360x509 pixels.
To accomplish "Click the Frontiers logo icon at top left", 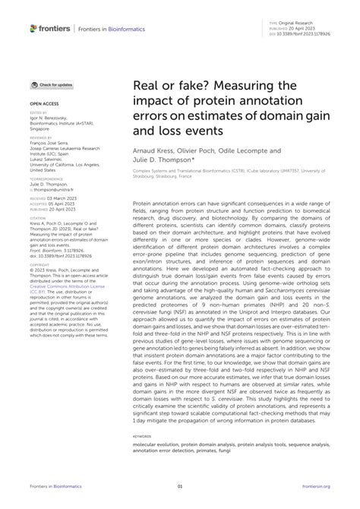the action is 33,28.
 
